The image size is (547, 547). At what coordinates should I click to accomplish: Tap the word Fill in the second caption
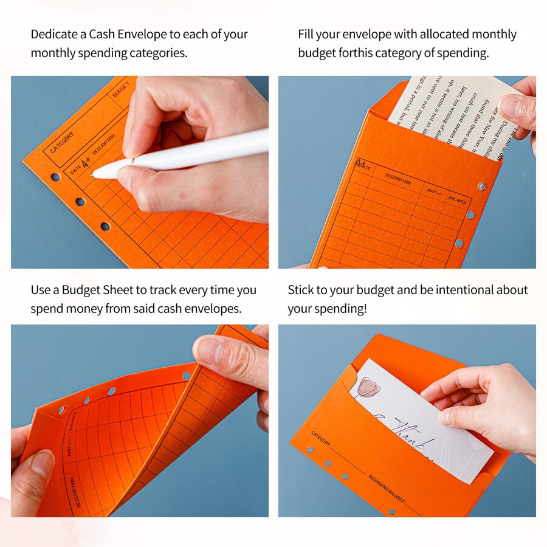pyautogui.click(x=307, y=35)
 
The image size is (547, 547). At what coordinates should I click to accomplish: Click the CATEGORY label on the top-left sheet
pyautogui.click(x=62, y=143)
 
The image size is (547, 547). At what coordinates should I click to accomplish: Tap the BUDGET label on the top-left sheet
pyautogui.click(x=121, y=89)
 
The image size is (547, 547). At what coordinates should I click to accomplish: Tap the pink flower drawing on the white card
pyautogui.click(x=368, y=387)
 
